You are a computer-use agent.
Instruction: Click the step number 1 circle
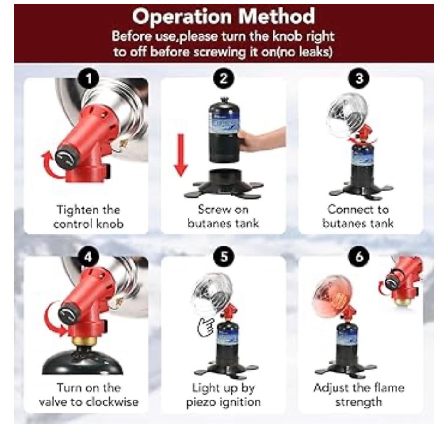tap(89, 78)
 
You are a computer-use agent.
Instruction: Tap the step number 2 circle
tap(224, 78)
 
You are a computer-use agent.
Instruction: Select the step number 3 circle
tap(359, 78)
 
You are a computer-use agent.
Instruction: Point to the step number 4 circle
tap(88, 256)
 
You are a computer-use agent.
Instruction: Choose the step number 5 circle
tap(224, 256)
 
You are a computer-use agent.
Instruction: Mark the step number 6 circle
tap(359, 256)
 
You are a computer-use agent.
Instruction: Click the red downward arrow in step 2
tap(181, 155)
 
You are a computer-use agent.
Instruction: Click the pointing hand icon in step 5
tap(205, 327)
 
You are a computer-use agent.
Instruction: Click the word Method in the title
tap(277, 17)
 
